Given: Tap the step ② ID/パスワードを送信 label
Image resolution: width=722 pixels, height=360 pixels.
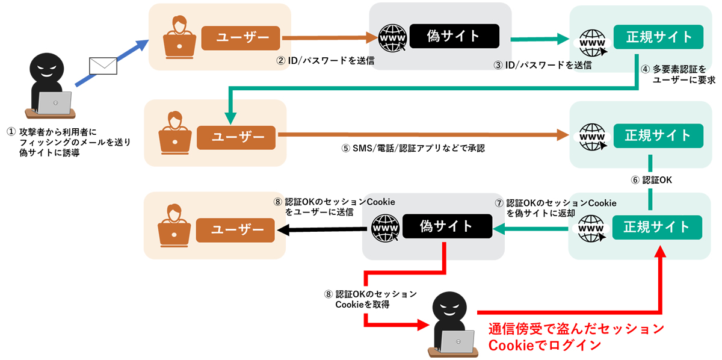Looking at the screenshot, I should [325, 60].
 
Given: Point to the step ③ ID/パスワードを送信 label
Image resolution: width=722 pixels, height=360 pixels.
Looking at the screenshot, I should [542, 65].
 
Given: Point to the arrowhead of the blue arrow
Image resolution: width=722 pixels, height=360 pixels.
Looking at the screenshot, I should [143, 44].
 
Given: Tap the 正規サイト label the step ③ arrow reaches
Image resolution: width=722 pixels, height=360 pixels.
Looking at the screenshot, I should [659, 37].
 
